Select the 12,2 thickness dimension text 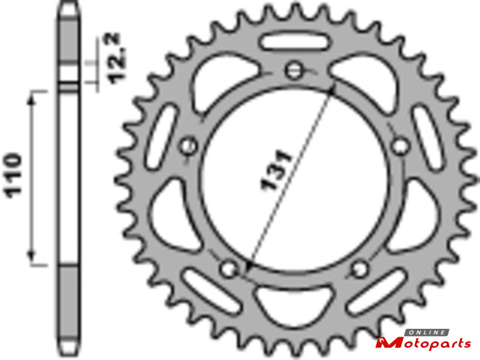point(117,58)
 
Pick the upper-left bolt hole point(188,146)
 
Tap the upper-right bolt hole point(400,146)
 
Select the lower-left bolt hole point(229,268)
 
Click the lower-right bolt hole point(360,269)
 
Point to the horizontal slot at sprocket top point(295,43)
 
